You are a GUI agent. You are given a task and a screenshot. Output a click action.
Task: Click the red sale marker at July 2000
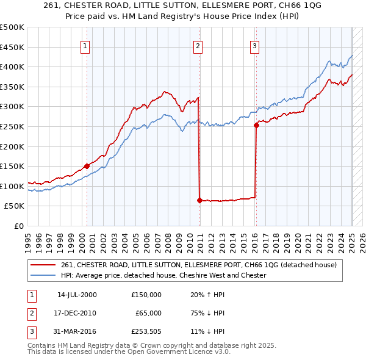(87, 165)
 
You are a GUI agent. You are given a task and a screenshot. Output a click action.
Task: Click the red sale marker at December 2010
(199, 200)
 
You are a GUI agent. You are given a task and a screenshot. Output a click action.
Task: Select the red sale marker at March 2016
(256, 125)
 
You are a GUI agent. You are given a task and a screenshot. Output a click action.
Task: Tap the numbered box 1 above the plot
(85, 45)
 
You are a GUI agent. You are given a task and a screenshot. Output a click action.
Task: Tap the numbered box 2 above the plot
(198, 45)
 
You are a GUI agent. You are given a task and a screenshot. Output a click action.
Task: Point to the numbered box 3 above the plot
(254, 45)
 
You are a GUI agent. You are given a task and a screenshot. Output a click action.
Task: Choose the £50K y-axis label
(15, 206)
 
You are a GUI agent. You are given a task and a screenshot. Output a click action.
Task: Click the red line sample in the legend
(43, 265)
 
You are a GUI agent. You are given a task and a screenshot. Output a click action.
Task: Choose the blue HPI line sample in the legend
(43, 275)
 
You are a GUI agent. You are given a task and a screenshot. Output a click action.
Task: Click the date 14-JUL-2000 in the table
(77, 295)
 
